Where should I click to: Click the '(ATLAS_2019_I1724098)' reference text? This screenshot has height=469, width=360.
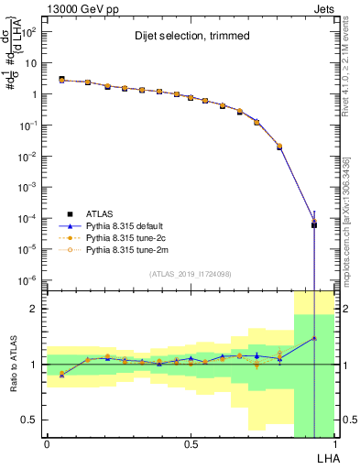191,273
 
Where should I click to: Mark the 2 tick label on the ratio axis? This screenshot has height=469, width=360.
34,310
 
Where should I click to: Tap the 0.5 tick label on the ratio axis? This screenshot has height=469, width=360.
29,420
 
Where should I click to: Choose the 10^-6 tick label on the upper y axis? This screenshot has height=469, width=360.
28,279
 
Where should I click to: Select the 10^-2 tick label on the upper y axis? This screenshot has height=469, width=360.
28,156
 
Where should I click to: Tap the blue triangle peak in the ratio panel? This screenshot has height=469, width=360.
314,338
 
